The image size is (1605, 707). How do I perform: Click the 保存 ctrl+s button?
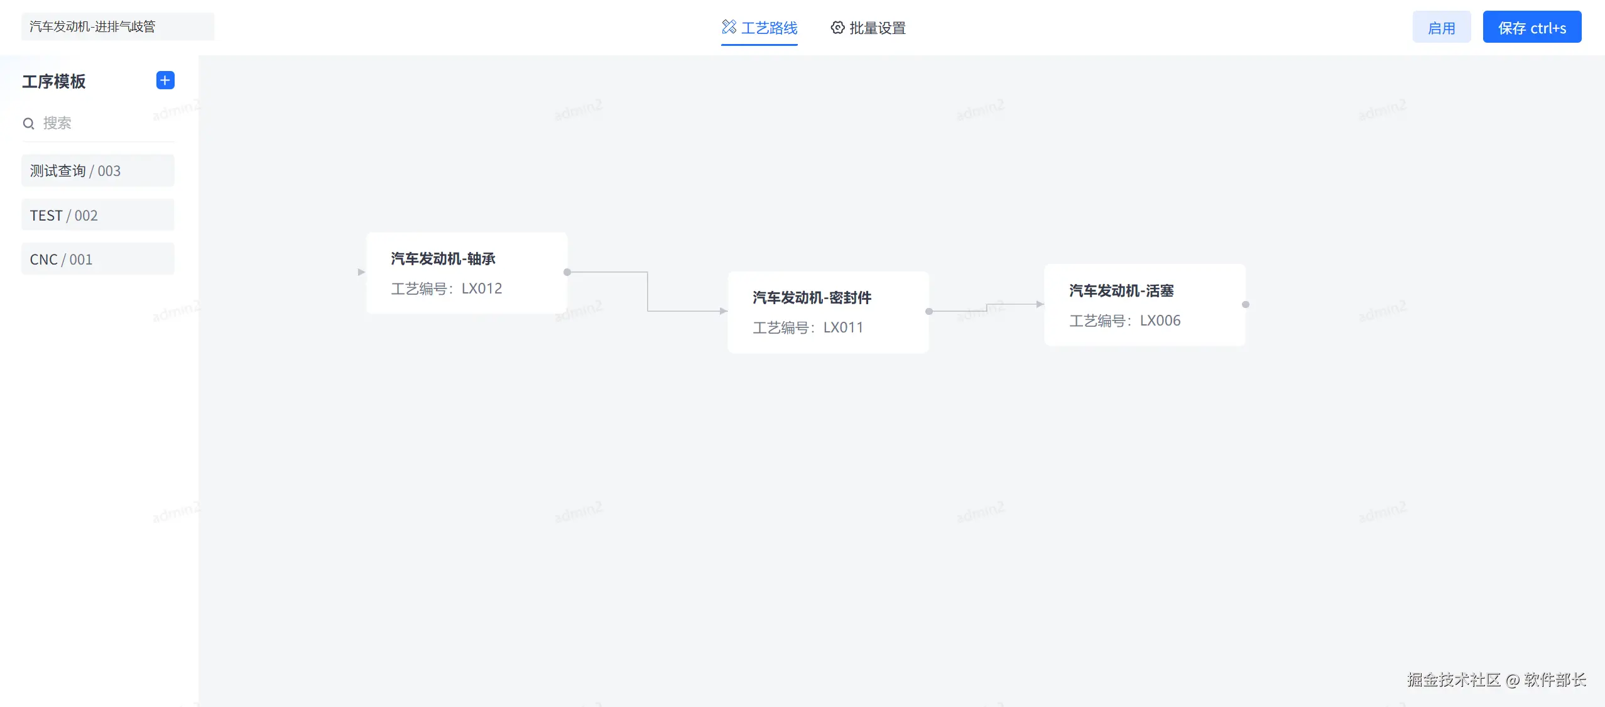(x=1532, y=28)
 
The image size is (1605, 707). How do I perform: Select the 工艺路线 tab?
(x=759, y=28)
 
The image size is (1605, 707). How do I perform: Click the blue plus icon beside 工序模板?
(x=165, y=80)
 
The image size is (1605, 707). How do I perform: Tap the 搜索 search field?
(x=101, y=123)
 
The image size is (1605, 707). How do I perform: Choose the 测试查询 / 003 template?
(x=97, y=171)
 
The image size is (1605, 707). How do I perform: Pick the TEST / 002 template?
(x=97, y=216)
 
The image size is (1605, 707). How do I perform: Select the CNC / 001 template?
(x=97, y=260)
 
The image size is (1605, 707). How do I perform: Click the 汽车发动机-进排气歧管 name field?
(x=117, y=26)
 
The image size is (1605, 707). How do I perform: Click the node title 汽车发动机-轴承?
(x=443, y=259)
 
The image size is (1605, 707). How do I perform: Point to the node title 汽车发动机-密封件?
(x=812, y=298)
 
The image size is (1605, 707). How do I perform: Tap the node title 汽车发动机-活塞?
(x=1121, y=291)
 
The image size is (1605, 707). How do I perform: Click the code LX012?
(x=482, y=288)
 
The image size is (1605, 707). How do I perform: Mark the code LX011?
(x=843, y=327)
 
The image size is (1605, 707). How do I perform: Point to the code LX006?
(x=1160, y=321)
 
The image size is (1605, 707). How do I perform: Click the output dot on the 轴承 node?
(x=567, y=272)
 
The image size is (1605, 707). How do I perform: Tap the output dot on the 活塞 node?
(x=1246, y=305)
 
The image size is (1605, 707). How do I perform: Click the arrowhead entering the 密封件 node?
(x=724, y=311)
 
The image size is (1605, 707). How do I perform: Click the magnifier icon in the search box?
(x=28, y=124)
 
